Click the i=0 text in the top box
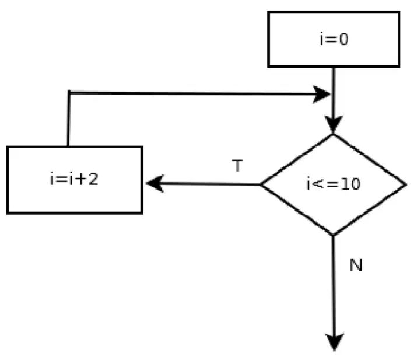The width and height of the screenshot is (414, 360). pos(334,39)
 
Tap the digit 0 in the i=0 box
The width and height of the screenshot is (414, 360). pos(343,39)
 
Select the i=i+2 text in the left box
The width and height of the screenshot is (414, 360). pos(74,179)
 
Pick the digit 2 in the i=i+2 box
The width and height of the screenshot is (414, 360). pos(93,179)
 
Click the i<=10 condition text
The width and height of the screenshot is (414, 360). pos(334,184)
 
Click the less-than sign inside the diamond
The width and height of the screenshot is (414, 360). pos(318,184)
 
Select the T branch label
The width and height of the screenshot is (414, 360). pos(237,166)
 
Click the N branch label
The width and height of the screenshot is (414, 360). pos(356,265)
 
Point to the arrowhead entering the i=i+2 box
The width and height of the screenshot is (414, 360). pos(155,183)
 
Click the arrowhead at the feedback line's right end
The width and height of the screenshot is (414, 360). pos(321,94)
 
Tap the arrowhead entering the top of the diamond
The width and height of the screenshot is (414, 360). pos(334,124)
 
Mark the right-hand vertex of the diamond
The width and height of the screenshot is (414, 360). pos(406,184)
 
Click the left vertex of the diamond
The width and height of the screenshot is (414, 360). pos(261,184)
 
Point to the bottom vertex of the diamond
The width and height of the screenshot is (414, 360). pos(333,235)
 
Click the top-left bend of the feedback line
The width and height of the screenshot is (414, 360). pos(69,92)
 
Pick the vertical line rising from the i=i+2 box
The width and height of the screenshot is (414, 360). pos(68,119)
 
